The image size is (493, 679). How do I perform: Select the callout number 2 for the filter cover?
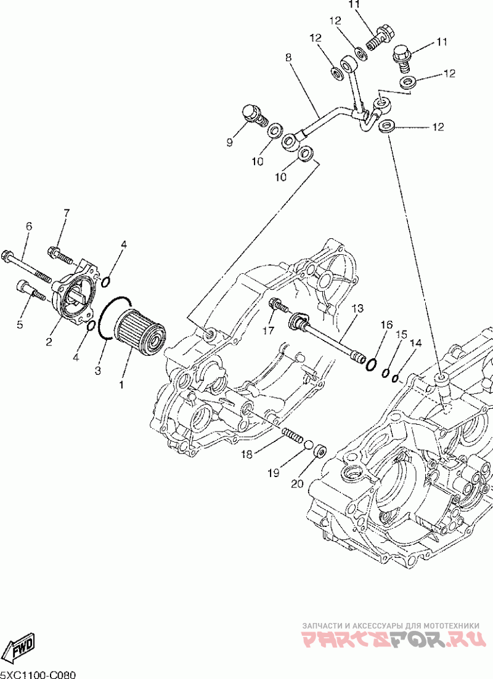49,342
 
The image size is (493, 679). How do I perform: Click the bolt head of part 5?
23,287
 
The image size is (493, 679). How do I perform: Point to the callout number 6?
28,226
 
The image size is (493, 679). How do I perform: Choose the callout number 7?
67,213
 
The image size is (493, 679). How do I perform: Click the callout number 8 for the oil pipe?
289,57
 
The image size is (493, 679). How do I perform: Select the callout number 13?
357,308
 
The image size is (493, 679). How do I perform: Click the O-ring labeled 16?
372,364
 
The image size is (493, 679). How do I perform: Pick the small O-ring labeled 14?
396,379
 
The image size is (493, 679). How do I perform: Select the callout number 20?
298,484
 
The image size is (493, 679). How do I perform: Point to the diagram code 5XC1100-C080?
38,675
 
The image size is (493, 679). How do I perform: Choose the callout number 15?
402,334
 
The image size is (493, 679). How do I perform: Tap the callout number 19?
273,473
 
